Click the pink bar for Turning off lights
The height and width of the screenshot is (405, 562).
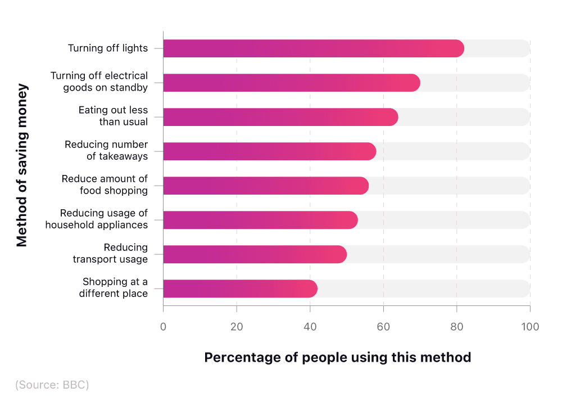pos(313,48)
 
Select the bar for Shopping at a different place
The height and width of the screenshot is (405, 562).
pos(240,289)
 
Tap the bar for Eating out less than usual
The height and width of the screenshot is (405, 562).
pos(280,117)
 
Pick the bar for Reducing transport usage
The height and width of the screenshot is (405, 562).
pos(255,254)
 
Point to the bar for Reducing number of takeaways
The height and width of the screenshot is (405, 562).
pos(269,151)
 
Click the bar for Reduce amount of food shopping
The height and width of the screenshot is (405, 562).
pos(266,186)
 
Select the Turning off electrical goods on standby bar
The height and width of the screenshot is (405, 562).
pos(291,83)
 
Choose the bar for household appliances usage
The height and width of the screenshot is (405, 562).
pos(260,220)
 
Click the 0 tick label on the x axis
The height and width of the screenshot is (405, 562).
pos(163,327)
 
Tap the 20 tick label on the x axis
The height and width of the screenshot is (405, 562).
pos(237,327)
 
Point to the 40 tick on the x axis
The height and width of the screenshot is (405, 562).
pos(310,327)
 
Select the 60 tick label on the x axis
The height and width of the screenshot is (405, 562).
pos(383,327)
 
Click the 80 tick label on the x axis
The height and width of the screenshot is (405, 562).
pos(456,327)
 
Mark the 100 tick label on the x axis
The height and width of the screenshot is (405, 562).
pos(529,327)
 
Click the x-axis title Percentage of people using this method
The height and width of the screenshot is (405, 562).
pos(337,358)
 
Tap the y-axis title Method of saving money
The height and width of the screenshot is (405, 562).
pos(22,165)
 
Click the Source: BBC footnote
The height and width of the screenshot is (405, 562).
pos(52,385)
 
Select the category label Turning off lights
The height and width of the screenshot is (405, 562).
pos(108,48)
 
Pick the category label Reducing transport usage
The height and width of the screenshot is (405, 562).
pos(110,254)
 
